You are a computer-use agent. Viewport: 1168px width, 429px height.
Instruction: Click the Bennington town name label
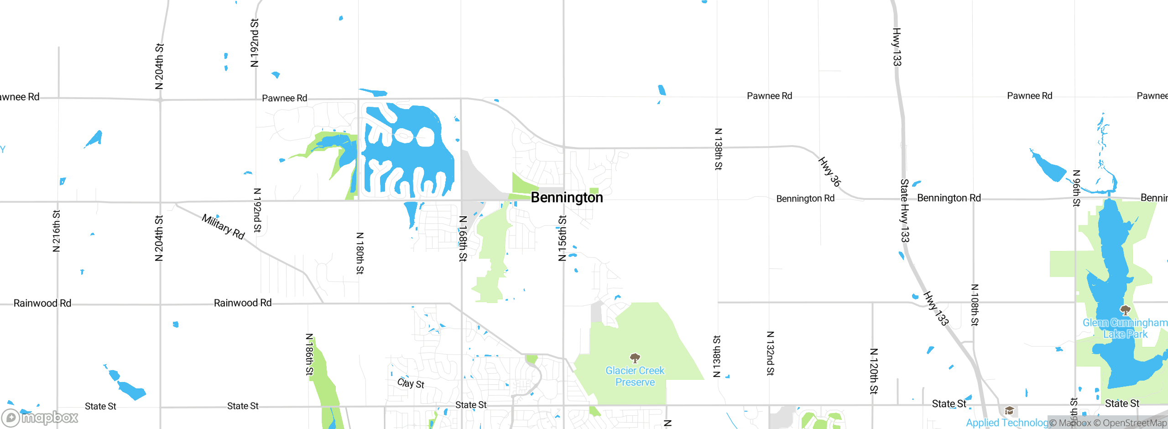click(567, 198)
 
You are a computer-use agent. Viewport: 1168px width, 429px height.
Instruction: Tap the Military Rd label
click(224, 227)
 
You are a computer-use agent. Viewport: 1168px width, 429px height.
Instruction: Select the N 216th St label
click(56, 231)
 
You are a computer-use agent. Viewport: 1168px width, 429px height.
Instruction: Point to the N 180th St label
click(360, 253)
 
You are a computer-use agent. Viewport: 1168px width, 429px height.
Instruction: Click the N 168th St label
click(463, 238)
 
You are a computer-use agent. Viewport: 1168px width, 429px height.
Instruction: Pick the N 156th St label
click(562, 238)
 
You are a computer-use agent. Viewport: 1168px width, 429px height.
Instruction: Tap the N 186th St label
click(309, 354)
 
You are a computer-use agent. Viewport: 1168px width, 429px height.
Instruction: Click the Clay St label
click(411, 383)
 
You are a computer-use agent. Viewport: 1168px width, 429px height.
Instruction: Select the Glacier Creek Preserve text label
click(635, 377)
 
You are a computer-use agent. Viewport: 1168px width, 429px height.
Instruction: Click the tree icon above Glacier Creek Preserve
click(635, 358)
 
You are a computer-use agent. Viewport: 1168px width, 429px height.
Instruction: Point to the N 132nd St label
click(770, 353)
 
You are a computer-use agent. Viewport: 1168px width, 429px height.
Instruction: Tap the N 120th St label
click(873, 371)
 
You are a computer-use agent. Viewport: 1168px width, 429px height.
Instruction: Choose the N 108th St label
click(975, 305)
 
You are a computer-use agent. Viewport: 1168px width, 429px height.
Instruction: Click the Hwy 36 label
click(829, 172)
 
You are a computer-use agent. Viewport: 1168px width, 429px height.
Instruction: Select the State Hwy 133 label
click(904, 210)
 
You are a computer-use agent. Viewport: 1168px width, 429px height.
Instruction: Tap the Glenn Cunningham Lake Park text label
click(1125, 329)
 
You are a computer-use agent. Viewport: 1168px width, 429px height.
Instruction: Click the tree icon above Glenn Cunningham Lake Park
click(1125, 311)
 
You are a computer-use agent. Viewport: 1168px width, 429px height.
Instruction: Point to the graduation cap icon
click(1009, 411)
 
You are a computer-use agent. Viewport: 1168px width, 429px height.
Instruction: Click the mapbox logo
click(40, 418)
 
